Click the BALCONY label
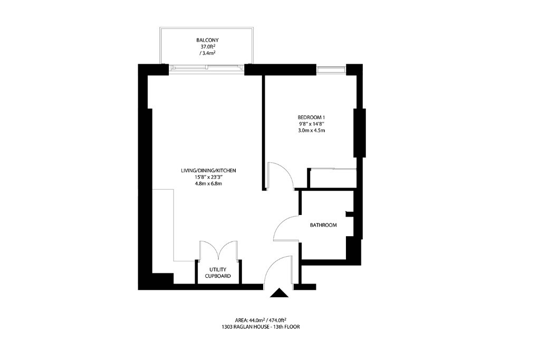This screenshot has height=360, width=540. [207, 40]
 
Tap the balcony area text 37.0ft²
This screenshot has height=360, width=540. [208, 46]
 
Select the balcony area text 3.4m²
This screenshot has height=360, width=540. [207, 53]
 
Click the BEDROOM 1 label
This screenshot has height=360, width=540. [311, 117]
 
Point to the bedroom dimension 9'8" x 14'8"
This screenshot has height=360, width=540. [312, 123]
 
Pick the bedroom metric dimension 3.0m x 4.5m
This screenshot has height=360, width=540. [311, 130]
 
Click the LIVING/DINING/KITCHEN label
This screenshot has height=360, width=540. [208, 170]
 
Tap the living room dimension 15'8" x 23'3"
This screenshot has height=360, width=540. [209, 177]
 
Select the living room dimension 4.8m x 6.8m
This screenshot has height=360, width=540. [208, 183]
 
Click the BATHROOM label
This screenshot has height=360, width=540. [323, 225]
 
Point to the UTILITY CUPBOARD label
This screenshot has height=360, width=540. [218, 273]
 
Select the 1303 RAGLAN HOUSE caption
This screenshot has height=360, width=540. [261, 327]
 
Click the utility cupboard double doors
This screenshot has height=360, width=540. [218, 250]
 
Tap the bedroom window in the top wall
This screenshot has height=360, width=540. [331, 70]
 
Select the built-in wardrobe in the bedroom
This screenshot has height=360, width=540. [333, 178]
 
